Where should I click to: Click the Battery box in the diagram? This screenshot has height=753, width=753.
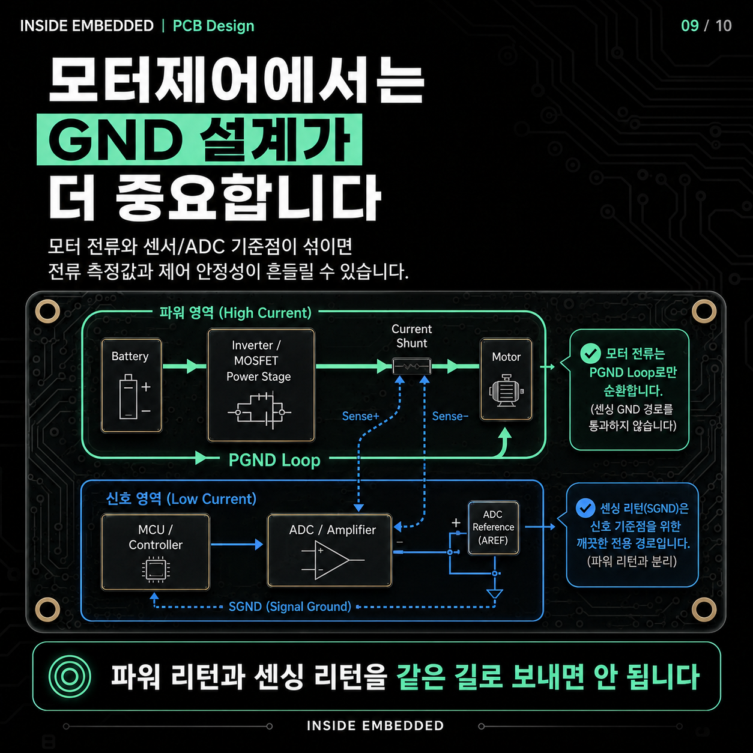coord(132,386)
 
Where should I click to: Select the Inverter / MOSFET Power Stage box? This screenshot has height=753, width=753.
coord(261,386)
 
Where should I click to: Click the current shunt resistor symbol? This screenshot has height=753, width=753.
coord(411,366)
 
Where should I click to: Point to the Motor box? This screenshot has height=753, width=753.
coord(506,380)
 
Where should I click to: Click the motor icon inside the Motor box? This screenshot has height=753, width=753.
coord(506,391)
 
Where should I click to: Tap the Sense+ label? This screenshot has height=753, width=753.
coord(360,416)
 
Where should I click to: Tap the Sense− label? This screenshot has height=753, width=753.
coord(450,416)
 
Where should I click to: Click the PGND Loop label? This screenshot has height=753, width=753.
coord(274,460)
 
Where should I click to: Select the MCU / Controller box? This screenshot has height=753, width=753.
coord(156,552)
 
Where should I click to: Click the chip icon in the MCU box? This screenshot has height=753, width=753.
coord(156,570)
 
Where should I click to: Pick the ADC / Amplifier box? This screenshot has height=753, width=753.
coord(330,550)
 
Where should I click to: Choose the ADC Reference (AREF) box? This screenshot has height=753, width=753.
coord(494,528)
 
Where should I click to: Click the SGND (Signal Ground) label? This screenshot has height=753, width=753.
coord(289,606)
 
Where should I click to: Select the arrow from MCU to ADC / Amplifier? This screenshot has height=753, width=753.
coord(237,544)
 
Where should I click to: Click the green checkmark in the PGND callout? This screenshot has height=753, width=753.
coord(590,353)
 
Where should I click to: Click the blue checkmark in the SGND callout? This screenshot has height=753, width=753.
coord(585,508)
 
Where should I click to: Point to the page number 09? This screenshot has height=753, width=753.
coord(690,26)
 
